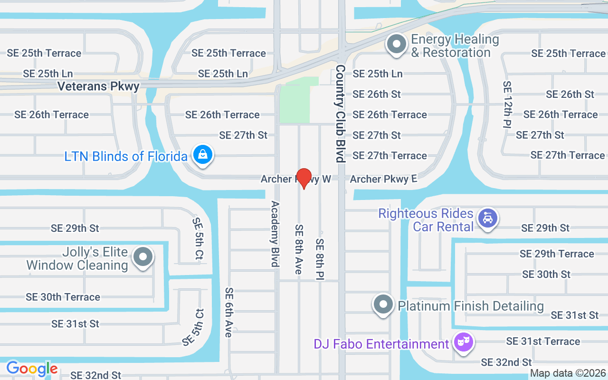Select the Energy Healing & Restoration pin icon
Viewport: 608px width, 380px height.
(397, 45)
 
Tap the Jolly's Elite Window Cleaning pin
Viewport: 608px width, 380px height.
(142, 257)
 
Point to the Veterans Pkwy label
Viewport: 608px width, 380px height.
(98, 86)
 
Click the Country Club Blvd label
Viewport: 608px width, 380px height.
(341, 114)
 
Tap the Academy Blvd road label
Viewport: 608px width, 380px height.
(275, 234)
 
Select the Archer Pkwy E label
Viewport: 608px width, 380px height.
(383, 179)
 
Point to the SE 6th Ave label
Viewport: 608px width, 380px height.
(229, 312)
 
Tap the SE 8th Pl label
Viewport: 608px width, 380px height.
(320, 259)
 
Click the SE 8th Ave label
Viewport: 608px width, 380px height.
(299, 249)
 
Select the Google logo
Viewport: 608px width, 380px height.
(32, 369)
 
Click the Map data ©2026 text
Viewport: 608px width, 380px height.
(568, 373)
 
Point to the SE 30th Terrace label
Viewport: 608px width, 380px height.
(63, 297)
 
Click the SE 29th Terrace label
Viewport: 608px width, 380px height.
(557, 254)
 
